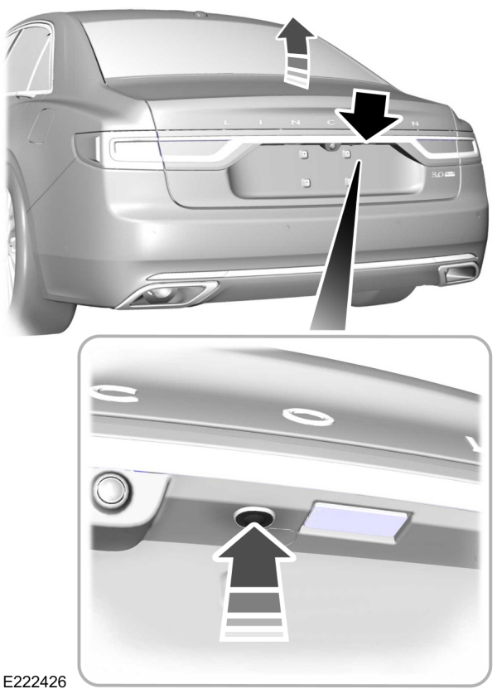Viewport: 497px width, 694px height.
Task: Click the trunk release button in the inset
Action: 248,519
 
